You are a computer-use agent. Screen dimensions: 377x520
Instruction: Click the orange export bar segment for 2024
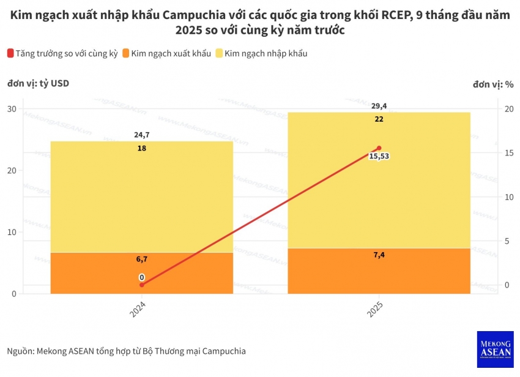pyautogui.click(x=141, y=273)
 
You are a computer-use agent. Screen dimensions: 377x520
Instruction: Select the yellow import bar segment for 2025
pyautogui.click(x=379, y=181)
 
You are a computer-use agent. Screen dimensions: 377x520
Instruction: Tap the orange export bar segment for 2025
pyautogui.click(x=379, y=271)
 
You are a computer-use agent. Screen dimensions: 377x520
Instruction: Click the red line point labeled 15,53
pyautogui.click(x=379, y=148)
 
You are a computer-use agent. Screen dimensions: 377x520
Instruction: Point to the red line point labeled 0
pyautogui.click(x=141, y=285)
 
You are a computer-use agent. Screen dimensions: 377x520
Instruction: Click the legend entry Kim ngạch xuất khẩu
pyautogui.click(x=166, y=54)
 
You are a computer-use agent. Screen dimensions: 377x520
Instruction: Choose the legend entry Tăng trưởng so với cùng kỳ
pyautogui.click(x=62, y=54)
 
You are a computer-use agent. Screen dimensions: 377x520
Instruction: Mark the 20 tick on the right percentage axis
pyautogui.click(x=508, y=109)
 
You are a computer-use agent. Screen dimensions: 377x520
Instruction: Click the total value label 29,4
pyautogui.click(x=379, y=106)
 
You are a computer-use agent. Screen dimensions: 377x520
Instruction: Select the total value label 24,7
pyautogui.click(x=141, y=135)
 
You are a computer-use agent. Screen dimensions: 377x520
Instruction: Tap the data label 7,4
pyautogui.click(x=379, y=255)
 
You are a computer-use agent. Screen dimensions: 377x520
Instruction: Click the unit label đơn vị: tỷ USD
pyautogui.click(x=38, y=84)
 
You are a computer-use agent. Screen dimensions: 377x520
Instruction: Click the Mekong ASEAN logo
pyautogui.click(x=495, y=349)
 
